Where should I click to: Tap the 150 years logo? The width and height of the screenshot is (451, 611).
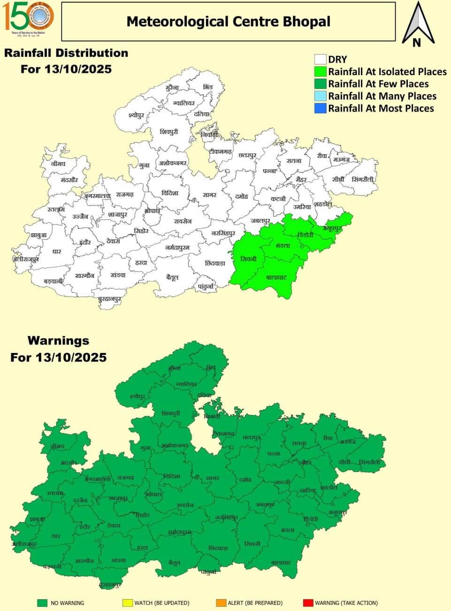29,16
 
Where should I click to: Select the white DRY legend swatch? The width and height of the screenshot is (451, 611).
320,59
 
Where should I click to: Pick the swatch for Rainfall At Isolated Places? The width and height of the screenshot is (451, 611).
320,71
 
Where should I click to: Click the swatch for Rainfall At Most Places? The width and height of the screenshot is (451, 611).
320,108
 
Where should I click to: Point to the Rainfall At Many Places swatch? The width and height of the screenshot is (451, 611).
320,96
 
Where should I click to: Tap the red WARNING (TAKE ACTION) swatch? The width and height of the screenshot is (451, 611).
308,603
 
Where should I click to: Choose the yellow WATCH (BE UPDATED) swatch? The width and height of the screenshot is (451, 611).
127,603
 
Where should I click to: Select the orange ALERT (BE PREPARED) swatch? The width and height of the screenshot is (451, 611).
221,603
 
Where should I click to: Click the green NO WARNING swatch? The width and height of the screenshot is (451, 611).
43,603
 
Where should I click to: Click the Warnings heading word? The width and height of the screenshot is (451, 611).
58,340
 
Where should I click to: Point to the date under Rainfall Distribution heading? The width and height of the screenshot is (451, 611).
66,69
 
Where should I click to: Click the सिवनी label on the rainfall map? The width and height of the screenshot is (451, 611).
248,259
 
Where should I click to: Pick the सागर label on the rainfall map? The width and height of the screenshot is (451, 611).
209,194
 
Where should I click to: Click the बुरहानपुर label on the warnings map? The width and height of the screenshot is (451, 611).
110,585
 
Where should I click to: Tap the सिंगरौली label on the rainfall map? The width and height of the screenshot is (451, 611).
363,179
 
